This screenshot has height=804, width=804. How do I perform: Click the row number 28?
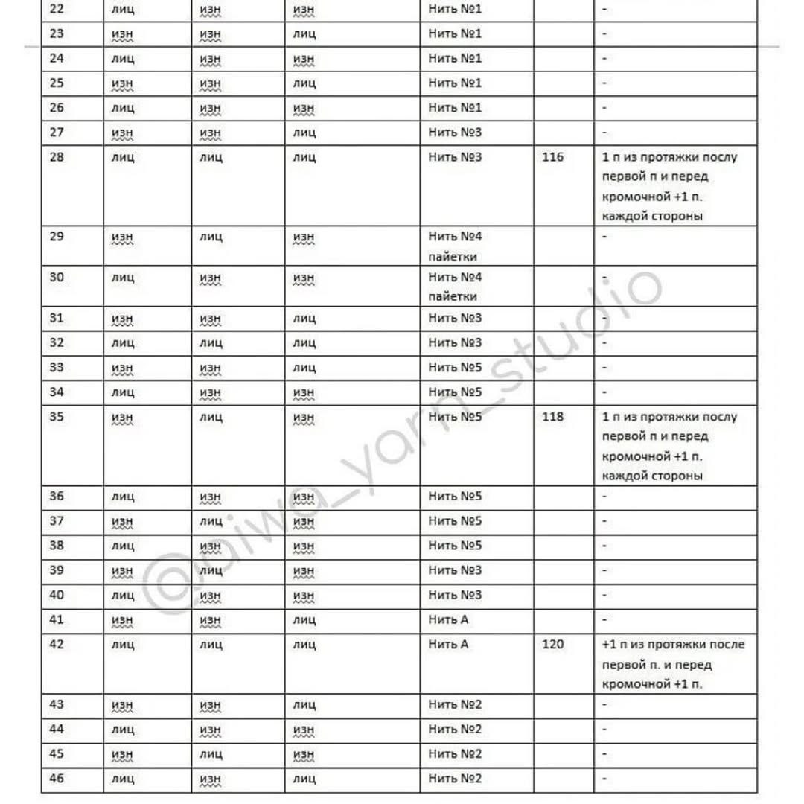click(57, 157)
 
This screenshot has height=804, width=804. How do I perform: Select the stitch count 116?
click(553, 157)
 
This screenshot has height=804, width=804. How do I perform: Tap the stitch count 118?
click(553, 416)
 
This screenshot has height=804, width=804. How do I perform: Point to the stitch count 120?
click(553, 644)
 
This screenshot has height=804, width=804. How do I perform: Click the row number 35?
click(57, 416)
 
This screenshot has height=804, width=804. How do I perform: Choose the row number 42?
click(57, 644)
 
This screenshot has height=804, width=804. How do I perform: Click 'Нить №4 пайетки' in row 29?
click(456, 246)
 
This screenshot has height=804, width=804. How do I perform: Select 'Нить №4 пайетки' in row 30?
click(456, 287)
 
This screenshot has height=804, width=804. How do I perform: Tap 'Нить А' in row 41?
click(448, 619)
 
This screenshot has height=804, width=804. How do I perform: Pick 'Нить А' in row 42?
click(448, 644)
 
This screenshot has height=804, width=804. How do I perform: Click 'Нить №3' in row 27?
click(456, 133)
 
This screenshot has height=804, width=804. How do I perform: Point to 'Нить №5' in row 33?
click(456, 367)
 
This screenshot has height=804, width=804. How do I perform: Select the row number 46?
click(57, 778)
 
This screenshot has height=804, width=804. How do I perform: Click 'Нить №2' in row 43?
click(456, 704)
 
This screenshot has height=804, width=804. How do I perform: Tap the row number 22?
click(57, 9)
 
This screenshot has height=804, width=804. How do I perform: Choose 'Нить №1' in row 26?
click(456, 108)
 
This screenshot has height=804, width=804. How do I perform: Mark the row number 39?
click(57, 570)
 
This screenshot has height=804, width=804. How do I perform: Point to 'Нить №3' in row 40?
click(456, 595)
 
